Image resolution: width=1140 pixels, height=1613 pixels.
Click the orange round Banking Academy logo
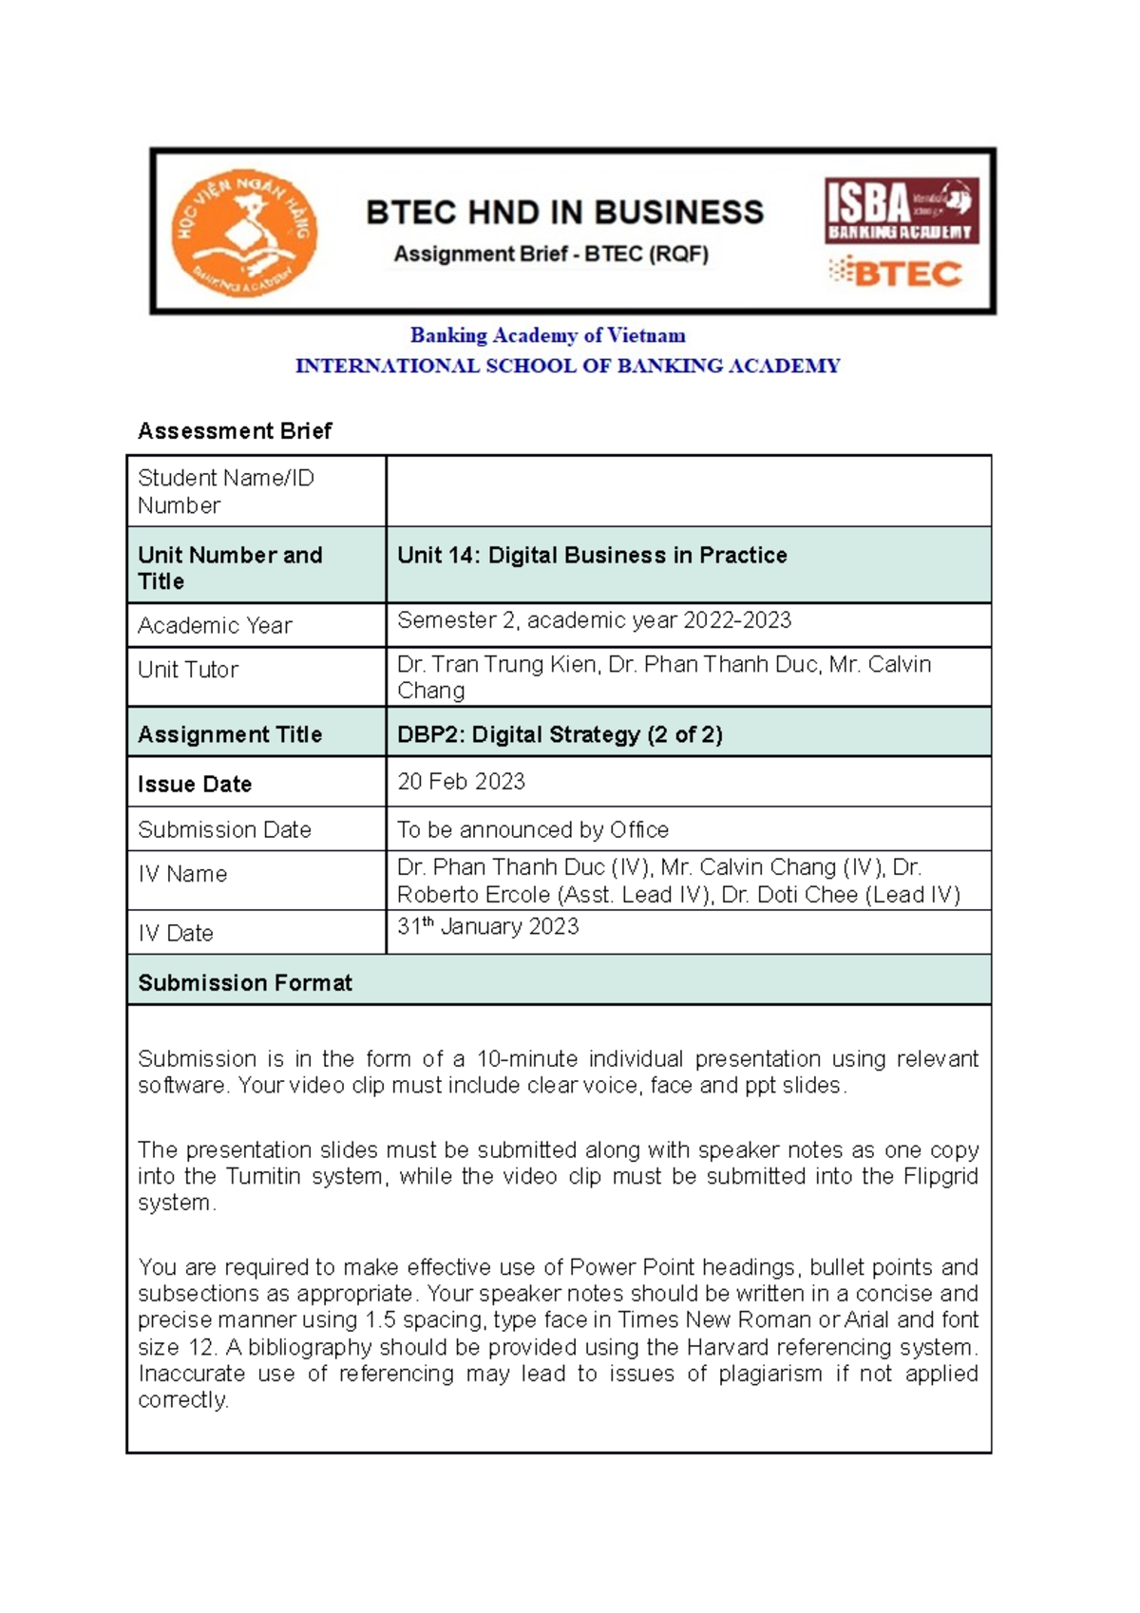click(x=244, y=234)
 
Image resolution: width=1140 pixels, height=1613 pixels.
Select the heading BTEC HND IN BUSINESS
click(x=564, y=212)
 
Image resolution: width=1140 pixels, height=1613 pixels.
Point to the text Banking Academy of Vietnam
click(x=547, y=335)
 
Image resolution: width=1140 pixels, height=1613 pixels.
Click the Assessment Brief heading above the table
click(x=235, y=431)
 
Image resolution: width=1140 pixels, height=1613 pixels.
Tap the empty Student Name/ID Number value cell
click(x=688, y=491)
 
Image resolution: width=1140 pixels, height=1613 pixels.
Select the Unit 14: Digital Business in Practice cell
click(x=592, y=556)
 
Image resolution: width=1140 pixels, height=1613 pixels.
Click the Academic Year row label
click(x=215, y=626)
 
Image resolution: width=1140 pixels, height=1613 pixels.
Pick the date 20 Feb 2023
click(x=461, y=782)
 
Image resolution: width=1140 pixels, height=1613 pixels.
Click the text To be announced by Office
click(x=532, y=830)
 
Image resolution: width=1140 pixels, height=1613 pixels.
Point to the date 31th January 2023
click(x=487, y=927)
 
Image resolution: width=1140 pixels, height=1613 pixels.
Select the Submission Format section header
click(x=245, y=983)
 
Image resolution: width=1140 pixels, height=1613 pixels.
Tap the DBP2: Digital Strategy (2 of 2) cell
click(x=560, y=734)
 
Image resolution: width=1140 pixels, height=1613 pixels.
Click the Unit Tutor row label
click(x=188, y=670)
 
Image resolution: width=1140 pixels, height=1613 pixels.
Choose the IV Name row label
click(x=182, y=874)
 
